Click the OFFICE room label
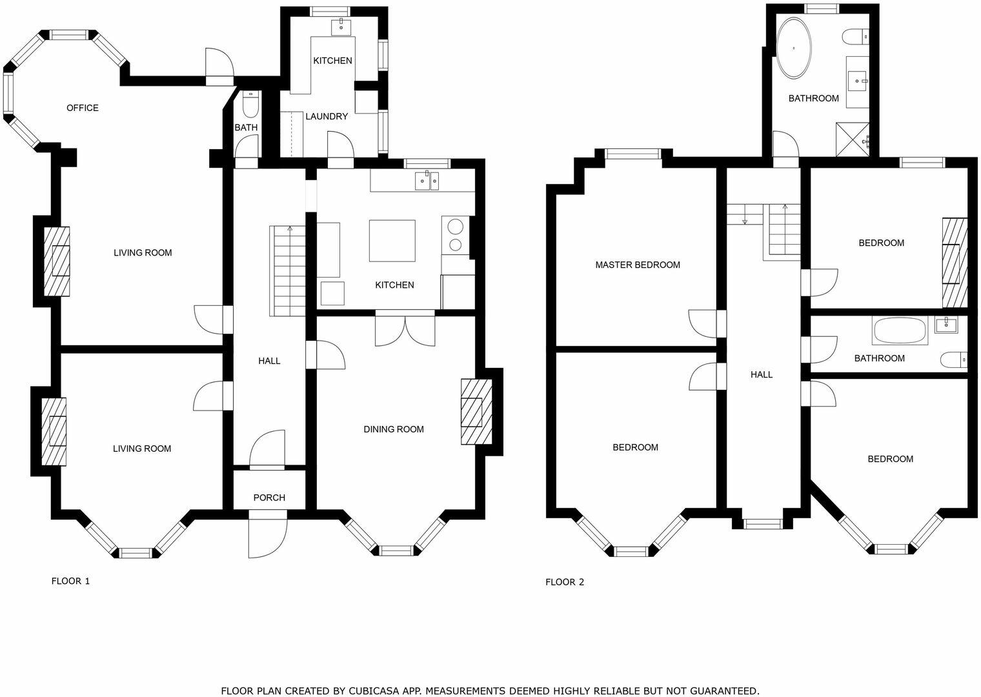coord(83,108)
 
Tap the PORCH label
coord(269,498)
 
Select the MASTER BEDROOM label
coord(637,265)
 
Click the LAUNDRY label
coord(327,117)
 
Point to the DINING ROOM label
coord(393,429)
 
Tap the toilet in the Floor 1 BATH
coord(250,103)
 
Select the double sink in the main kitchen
coord(427,181)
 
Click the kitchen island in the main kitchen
coord(392,240)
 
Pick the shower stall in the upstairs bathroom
coord(853,139)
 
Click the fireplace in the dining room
coord(476,412)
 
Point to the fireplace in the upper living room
coord(56,261)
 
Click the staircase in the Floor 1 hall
coord(288,271)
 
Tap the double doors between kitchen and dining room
coord(405,329)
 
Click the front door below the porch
coord(268,536)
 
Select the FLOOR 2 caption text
coord(565,582)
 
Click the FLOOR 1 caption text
coord(70,581)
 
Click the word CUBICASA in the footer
coord(377,691)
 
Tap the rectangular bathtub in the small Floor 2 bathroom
coord(899,331)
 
